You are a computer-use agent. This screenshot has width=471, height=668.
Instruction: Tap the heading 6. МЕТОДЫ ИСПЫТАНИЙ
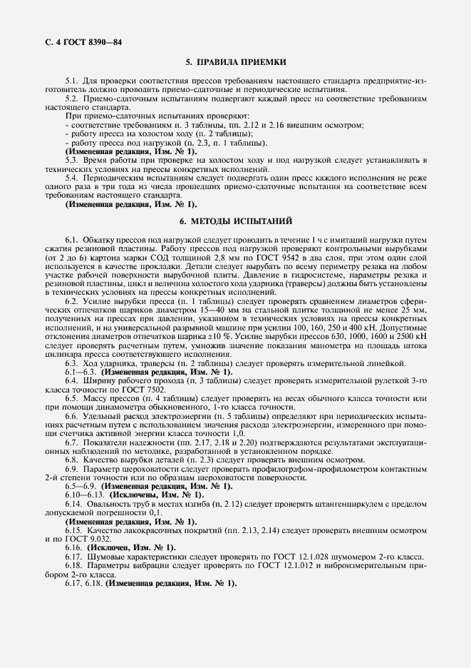236,223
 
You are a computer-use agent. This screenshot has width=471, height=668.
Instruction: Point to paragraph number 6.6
71,413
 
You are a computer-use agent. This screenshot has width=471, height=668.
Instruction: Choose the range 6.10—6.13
86,494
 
